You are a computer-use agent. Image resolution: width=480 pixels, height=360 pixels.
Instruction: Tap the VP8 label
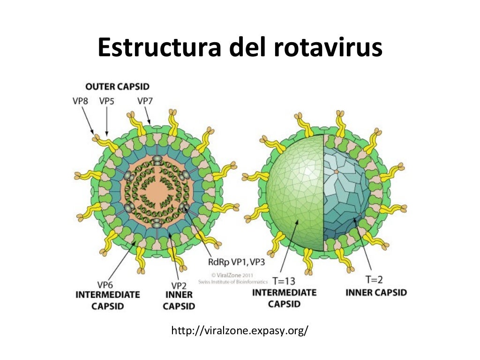[x=80, y=101]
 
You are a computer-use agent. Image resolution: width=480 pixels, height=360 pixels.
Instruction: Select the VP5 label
[x=107, y=101]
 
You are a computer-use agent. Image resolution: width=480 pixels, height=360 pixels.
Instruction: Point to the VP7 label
[x=144, y=101]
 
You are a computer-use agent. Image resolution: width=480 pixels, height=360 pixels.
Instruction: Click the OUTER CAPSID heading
[x=117, y=87]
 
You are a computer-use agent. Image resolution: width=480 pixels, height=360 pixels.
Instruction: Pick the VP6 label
[x=105, y=285]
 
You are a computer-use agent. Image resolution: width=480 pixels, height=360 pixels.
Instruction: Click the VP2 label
[x=179, y=285]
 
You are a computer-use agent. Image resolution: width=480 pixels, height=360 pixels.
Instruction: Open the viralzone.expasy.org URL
[x=240, y=330]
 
